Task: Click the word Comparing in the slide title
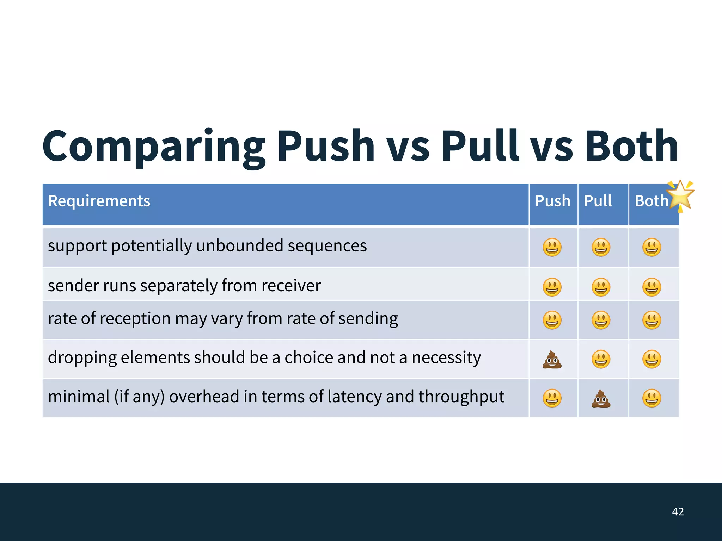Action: pos(154,147)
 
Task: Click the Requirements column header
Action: pos(99,201)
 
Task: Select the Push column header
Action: pos(552,201)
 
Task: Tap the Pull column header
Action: pos(598,201)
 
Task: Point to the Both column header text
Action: pos(651,201)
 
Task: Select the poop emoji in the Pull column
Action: pos(601,399)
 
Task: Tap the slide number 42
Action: pos(678,511)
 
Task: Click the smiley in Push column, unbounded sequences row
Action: pos(552,247)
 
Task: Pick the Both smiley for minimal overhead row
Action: pos(652,399)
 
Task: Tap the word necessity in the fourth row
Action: pos(446,358)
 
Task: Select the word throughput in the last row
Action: pos(461,397)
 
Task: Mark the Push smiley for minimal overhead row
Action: pos(552,399)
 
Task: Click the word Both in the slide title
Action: pos(631,146)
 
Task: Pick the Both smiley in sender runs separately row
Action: pos(652,287)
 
